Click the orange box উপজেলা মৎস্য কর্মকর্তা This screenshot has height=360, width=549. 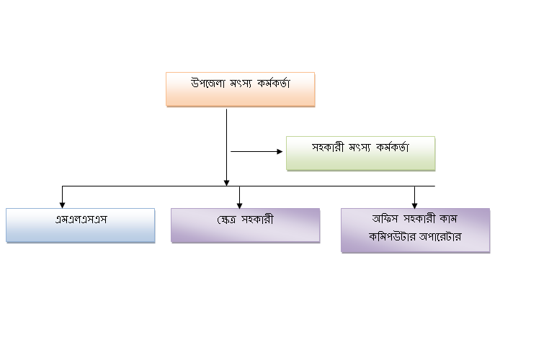[x=241, y=89]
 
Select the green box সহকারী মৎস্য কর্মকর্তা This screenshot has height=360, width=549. [x=360, y=153]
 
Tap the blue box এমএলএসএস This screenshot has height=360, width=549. [x=81, y=225]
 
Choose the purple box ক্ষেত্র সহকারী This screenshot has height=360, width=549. [x=245, y=225]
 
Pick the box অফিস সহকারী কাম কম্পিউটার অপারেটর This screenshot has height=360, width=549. [x=415, y=230]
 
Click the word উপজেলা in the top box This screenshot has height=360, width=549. [x=207, y=84]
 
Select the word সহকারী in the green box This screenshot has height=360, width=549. [x=329, y=147]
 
